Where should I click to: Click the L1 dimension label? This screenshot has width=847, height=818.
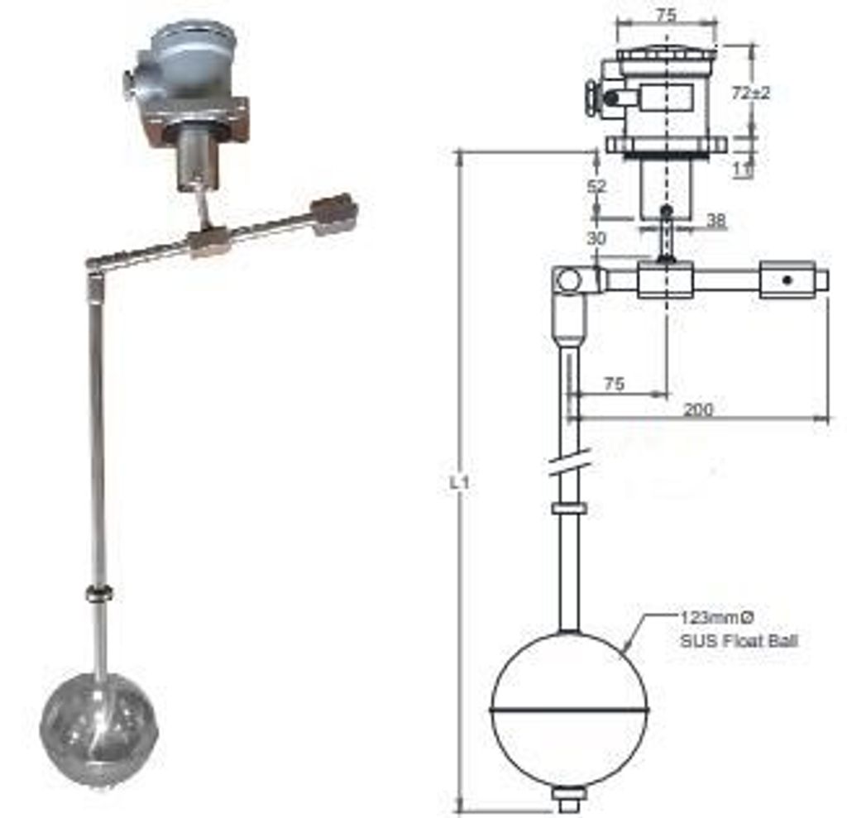pyautogui.click(x=460, y=482)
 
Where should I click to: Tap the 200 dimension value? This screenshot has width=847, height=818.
pyautogui.click(x=698, y=409)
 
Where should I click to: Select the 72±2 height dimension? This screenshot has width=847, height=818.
pyautogui.click(x=751, y=93)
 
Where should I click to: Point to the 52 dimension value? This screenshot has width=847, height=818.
pyautogui.click(x=597, y=186)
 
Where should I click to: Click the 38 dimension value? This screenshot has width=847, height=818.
pyautogui.click(x=716, y=220)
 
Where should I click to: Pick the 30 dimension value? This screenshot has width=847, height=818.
pyautogui.click(x=596, y=237)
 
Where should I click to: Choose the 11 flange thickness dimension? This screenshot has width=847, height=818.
pyautogui.click(x=743, y=170)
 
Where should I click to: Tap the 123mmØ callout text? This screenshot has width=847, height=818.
pyautogui.click(x=716, y=617)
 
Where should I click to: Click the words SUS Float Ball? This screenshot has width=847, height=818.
pyautogui.click(x=739, y=641)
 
